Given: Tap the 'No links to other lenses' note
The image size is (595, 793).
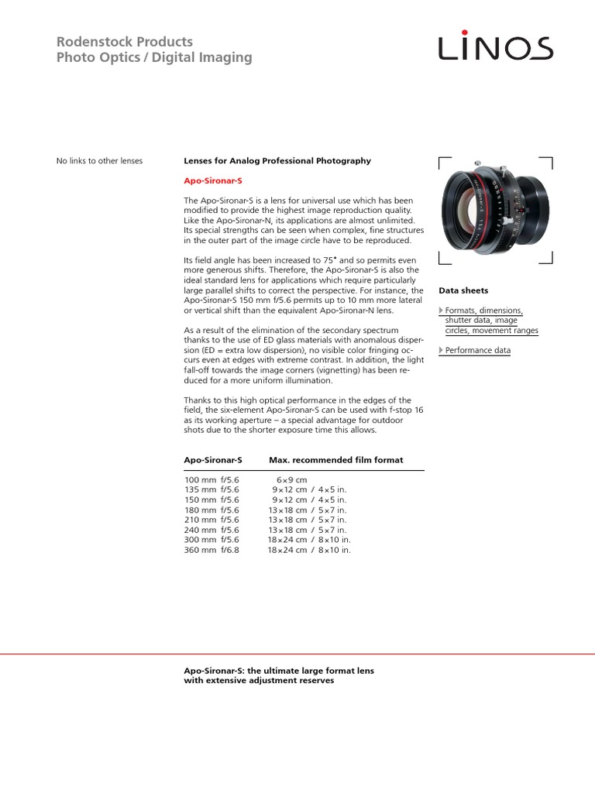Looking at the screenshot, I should pyautogui.click(x=100, y=161).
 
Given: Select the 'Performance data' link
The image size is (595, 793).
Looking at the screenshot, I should pyautogui.click(x=478, y=351).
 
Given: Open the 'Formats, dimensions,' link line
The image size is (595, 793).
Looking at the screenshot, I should pyautogui.click(x=484, y=311).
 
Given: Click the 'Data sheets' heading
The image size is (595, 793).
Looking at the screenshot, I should pyautogui.click(x=463, y=290).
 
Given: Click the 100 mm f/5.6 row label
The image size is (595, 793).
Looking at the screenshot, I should pyautogui.click(x=212, y=480).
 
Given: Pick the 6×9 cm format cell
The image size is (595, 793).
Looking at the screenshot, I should pyautogui.click(x=291, y=480).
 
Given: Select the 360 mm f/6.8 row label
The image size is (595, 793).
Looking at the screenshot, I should pyautogui.click(x=212, y=550).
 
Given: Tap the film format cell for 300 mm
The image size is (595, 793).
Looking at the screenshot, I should pyautogui.click(x=309, y=540).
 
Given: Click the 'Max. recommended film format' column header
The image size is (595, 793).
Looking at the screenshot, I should pyautogui.click(x=335, y=460).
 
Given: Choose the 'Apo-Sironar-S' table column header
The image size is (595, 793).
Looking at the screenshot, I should pyautogui.click(x=213, y=460).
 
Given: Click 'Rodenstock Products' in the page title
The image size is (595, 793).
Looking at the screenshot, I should pyautogui.click(x=125, y=41).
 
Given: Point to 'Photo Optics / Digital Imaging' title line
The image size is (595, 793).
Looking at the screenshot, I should pyautogui.click(x=154, y=57).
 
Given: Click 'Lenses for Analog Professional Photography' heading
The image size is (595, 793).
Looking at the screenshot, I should pyautogui.click(x=277, y=161).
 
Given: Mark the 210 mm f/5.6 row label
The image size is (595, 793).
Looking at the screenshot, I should pyautogui.click(x=212, y=520).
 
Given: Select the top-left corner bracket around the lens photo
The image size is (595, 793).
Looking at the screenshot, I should pyautogui.click(x=444, y=162).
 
